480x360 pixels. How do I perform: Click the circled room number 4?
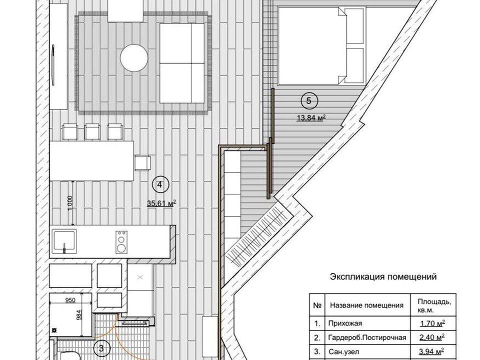tap(159, 184)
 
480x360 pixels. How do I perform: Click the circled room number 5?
tap(308, 100)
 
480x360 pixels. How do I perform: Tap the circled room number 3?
tap(101, 348)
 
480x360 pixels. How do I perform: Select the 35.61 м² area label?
tap(161, 203)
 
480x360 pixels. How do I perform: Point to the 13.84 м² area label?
tap(310, 117)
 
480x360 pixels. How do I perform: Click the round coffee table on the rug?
tap(134, 58)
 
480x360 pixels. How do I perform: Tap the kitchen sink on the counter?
tap(63, 242)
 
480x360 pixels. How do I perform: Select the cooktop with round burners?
tap(121, 242)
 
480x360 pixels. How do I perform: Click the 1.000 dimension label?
tap(70, 203)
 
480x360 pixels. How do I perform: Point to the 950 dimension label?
tap(70, 300)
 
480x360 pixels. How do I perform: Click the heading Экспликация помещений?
tap(383, 277)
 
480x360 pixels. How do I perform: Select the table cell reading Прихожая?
tap(345, 323)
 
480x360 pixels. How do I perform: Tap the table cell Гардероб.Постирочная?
tap(367, 337)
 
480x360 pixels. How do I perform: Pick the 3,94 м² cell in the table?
tap(431, 351)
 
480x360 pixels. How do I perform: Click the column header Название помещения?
tap(366, 305)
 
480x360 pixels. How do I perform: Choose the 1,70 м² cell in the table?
tap(431, 323)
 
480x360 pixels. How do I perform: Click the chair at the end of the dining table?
tap(143, 163)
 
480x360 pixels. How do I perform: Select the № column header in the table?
tap(317, 305)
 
